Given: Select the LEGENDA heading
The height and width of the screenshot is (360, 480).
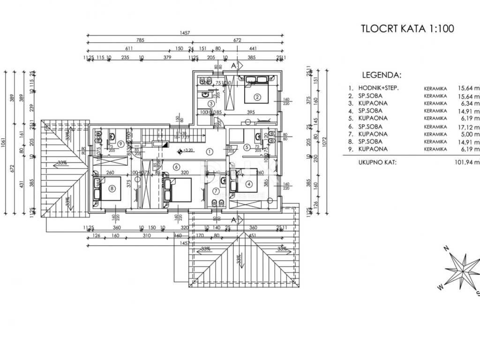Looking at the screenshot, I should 382,75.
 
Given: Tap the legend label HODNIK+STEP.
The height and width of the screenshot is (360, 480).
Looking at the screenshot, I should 379,88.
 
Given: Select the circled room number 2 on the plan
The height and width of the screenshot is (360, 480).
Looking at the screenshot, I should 257,97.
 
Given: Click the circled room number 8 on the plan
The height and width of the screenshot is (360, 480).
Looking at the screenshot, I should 112,189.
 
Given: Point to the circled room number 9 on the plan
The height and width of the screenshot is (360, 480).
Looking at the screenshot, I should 121,144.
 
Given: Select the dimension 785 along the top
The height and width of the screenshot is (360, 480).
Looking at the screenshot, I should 138,40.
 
